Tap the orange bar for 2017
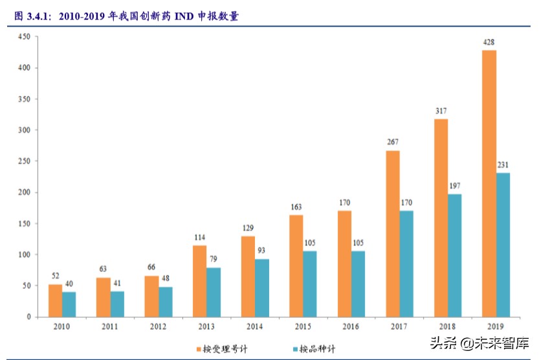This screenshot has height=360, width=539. pos(393,234)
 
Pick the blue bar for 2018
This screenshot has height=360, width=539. pos(454,255)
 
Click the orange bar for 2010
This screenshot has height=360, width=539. pos(55,300)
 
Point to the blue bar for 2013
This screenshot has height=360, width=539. pos(213,292)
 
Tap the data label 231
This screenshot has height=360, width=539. pos(503,165)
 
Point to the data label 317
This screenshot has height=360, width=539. pos(441,111)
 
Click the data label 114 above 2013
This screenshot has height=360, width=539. pos(199,238)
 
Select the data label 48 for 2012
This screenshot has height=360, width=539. pos(165,279)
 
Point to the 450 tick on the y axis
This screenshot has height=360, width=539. pos(24,37)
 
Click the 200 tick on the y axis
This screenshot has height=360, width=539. pos(24,192)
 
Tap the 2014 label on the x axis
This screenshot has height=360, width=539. pos(254,328)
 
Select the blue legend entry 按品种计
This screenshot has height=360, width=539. pos(316,349)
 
